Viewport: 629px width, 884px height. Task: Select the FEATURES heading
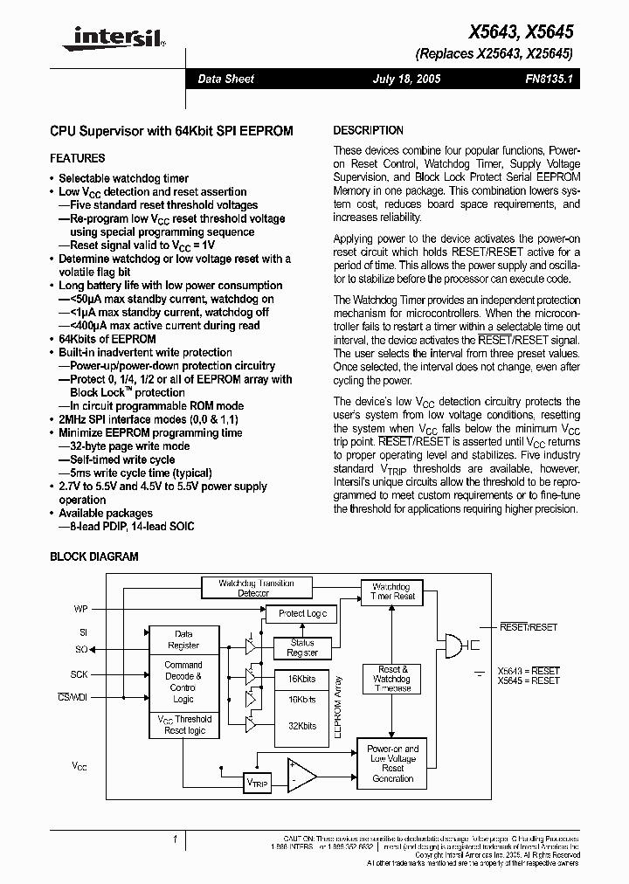78,158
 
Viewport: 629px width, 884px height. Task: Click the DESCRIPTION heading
369,130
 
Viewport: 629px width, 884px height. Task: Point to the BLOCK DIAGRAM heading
94,556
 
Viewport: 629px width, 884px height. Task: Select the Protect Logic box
302,613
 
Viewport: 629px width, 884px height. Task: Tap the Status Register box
302,647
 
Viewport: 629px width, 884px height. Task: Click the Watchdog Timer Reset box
392,591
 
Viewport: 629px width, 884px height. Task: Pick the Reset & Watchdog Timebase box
392,678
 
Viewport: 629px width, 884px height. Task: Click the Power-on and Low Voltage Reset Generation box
392,763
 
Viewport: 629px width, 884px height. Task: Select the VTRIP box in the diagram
258,783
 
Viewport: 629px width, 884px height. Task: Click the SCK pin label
79,674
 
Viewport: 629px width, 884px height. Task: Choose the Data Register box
183,639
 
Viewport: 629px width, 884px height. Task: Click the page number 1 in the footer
176,839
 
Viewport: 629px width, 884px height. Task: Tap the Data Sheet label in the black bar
225,79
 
